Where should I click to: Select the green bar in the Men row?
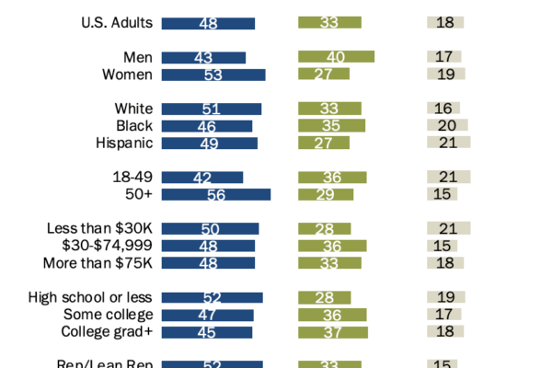coord(337,57)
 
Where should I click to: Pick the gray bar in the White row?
coord(443,109)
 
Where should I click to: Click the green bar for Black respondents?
coord(332,125)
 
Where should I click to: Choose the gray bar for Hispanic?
coord(449,143)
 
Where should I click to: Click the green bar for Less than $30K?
coord(325,228)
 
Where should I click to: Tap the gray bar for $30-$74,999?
coord(443,246)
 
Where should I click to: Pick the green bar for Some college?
coord(333,315)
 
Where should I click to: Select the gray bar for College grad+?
coord(445,331)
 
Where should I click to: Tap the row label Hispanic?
coord(124,143)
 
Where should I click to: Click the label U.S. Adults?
coord(117,23)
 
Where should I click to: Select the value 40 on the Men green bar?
coord(336,57)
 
